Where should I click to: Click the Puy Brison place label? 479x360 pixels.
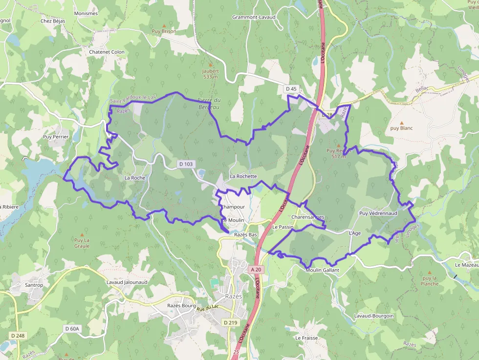[164, 31]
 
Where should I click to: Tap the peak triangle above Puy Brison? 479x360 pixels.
[164, 25]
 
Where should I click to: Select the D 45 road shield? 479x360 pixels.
[291, 88]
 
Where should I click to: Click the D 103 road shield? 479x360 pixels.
[186, 164]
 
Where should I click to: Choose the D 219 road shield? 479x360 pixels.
[230, 322]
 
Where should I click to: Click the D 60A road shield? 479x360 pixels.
[72, 329]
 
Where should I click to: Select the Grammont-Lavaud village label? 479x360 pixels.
[254, 17]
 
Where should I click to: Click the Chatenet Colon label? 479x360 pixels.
[107, 52]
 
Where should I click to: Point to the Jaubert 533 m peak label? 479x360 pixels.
[211, 74]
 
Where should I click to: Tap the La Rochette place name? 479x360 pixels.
[243, 176]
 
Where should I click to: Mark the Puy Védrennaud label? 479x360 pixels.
[378, 213]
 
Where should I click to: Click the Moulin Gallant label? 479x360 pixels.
[322, 270]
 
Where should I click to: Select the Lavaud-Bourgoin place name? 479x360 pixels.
[374, 316]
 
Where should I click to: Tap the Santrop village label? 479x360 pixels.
[34, 285]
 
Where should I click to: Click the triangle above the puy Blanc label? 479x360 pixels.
[402, 123]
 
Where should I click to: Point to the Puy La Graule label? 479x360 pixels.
[82, 243]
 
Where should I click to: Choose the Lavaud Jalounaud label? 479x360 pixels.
[127, 282]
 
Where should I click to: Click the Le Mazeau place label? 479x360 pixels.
[466, 265]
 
